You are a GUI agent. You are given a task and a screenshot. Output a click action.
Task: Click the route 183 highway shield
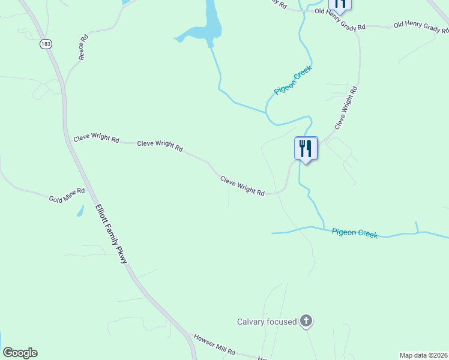tap(46, 44)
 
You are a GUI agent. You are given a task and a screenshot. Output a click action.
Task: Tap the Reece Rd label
tap(83, 47)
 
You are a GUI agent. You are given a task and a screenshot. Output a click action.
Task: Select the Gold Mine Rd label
tap(67, 194)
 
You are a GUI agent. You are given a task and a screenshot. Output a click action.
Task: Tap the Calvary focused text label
tap(267, 322)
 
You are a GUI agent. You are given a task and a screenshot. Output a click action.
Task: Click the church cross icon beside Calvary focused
tap(306, 321)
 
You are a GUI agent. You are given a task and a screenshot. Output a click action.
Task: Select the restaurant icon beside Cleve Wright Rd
tap(306, 148)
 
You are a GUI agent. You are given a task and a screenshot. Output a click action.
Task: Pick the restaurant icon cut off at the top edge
tap(340, 5)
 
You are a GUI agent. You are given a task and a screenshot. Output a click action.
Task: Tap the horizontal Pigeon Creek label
tap(355, 232)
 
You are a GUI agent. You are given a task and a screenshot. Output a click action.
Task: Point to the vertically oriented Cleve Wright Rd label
tap(346, 108)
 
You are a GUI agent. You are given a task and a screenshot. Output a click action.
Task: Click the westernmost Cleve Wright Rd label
tap(96, 138)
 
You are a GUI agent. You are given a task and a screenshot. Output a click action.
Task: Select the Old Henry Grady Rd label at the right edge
tap(421, 27)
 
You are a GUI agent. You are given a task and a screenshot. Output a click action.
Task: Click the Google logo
tap(20, 353)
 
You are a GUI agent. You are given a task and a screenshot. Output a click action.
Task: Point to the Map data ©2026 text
tap(423, 355)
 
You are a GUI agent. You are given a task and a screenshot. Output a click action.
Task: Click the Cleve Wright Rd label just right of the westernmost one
tap(160, 145)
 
